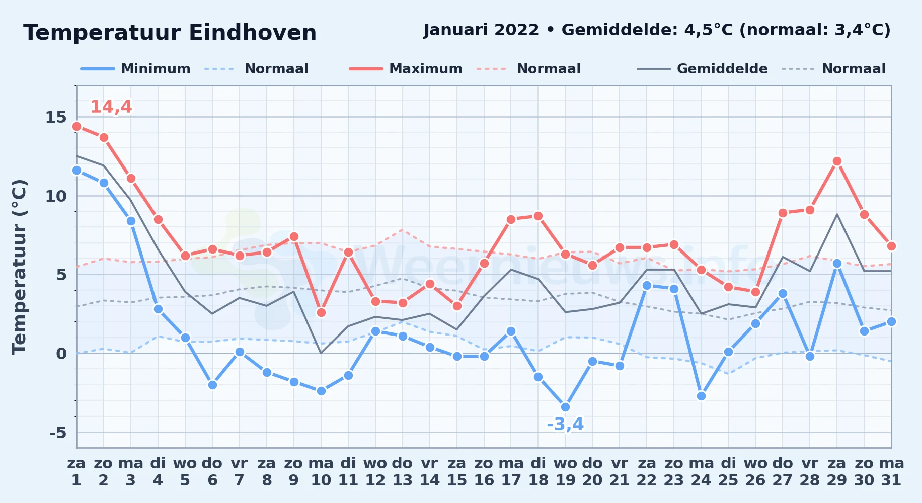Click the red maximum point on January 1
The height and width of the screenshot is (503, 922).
pyautogui.click(x=76, y=126)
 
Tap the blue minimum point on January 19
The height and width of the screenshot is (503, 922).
pyautogui.click(x=565, y=407)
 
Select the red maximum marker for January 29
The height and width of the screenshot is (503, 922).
pyautogui.click(x=837, y=161)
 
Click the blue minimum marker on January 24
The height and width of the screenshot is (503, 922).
pyautogui.click(x=701, y=396)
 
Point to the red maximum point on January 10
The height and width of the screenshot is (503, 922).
pyautogui.click(x=321, y=312)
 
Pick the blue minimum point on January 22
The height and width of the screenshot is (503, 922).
pyautogui.click(x=647, y=285)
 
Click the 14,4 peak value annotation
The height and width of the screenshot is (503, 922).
pyautogui.click(x=111, y=107)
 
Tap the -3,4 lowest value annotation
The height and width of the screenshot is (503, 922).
pyautogui.click(x=565, y=425)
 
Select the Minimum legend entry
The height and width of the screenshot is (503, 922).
pyautogui.click(x=135, y=69)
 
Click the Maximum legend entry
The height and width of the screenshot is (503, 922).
pyautogui.click(x=406, y=69)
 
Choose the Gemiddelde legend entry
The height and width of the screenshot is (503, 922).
pyautogui.click(x=702, y=69)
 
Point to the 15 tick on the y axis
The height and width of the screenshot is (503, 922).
pyautogui.click(x=56, y=117)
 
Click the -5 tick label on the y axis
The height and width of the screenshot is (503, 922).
pyautogui.click(x=58, y=432)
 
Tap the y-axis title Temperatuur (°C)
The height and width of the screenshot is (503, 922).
pyautogui.click(x=20, y=267)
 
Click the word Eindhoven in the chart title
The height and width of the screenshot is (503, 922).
pyautogui.click(x=253, y=33)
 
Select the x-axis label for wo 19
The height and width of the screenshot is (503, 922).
pyautogui.click(x=565, y=471)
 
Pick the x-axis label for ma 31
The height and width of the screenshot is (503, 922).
pyautogui.click(x=891, y=471)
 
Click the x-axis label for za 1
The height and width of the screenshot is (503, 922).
pyautogui.click(x=76, y=471)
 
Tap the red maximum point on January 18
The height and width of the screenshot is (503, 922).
pyautogui.click(x=538, y=216)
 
